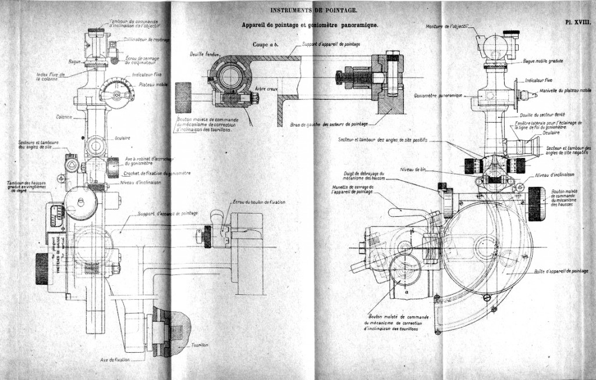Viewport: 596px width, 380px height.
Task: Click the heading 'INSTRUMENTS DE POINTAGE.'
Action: pos(314,10)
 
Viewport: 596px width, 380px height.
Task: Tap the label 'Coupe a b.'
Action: pos(265,44)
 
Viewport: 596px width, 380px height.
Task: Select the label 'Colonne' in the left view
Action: pos(65,117)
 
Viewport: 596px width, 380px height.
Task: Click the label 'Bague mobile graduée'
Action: pos(542,61)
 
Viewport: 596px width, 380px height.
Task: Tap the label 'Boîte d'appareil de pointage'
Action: pos(561,271)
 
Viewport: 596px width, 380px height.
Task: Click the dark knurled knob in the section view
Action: pos(183,98)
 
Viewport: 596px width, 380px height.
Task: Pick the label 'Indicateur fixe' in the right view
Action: pos(541,80)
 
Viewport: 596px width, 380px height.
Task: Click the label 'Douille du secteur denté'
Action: pos(542,115)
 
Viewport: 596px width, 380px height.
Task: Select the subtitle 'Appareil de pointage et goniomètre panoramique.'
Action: pos(310,26)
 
